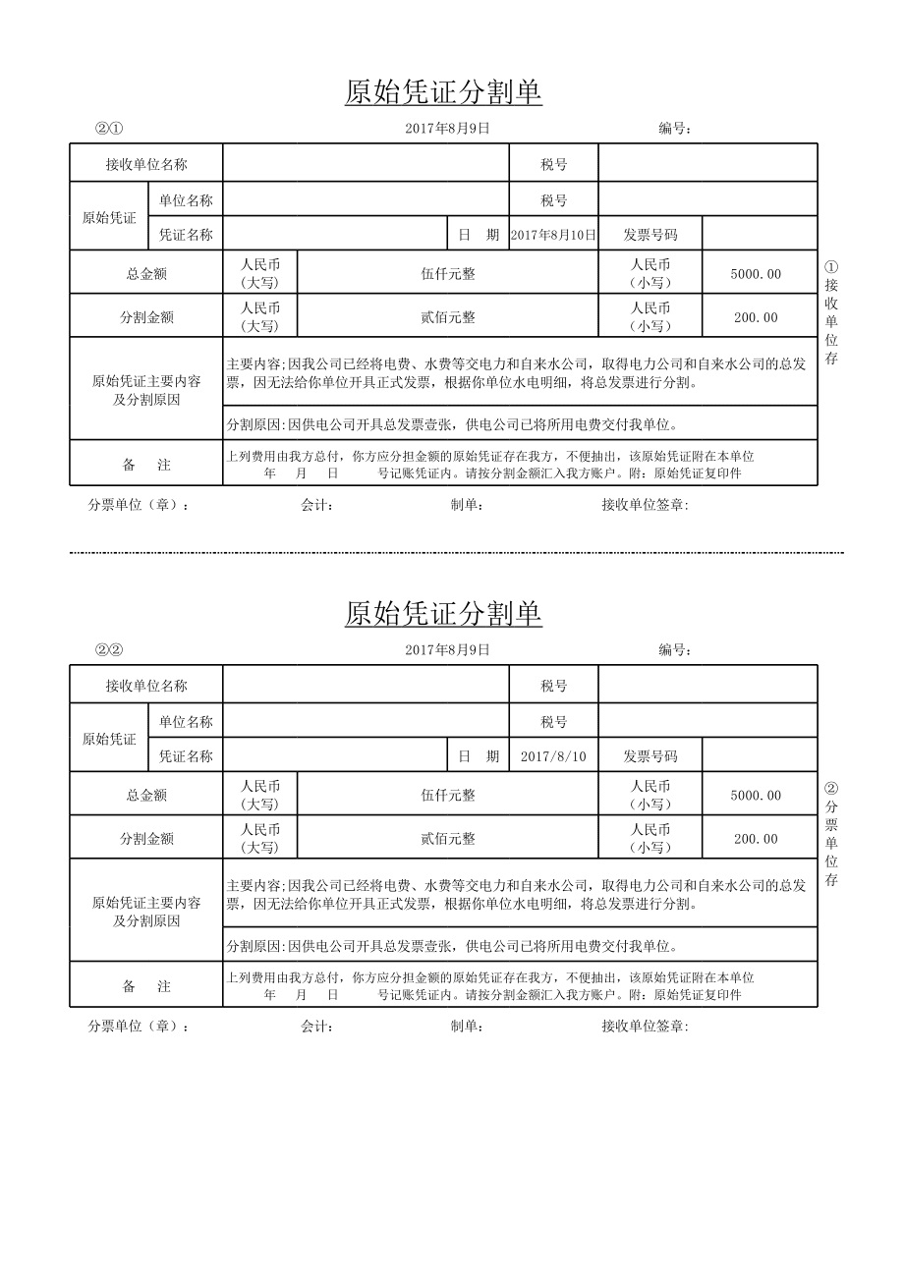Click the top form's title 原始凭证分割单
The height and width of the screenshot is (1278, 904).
pos(443,92)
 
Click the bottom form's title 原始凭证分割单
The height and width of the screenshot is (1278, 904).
pos(443,614)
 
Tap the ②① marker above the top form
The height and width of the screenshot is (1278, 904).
pos(108,128)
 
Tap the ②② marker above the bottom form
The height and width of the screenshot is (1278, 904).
pos(108,649)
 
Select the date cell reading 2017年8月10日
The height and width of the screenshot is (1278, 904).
pos(554,235)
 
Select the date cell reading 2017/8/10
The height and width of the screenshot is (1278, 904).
pos(553,756)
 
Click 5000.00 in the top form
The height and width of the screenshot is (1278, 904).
pos(757,274)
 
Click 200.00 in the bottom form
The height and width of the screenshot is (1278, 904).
pos(756,839)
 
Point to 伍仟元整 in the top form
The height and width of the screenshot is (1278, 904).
pos(448,274)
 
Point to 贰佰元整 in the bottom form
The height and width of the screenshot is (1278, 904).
pos(448,839)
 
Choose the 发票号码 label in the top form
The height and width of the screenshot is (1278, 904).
pos(650,235)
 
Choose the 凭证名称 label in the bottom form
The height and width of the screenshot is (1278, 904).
pos(186,756)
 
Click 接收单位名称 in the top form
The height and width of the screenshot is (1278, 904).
pos(146,164)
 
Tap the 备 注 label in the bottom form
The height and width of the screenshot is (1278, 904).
pos(146,986)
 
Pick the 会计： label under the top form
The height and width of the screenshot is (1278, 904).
pos(317,505)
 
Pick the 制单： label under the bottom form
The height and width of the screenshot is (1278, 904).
pos(467,1027)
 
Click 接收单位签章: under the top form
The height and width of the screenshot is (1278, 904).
pos(645,505)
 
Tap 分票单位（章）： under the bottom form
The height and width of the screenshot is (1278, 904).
pos(139,1027)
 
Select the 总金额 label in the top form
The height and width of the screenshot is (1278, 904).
pos(146,274)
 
